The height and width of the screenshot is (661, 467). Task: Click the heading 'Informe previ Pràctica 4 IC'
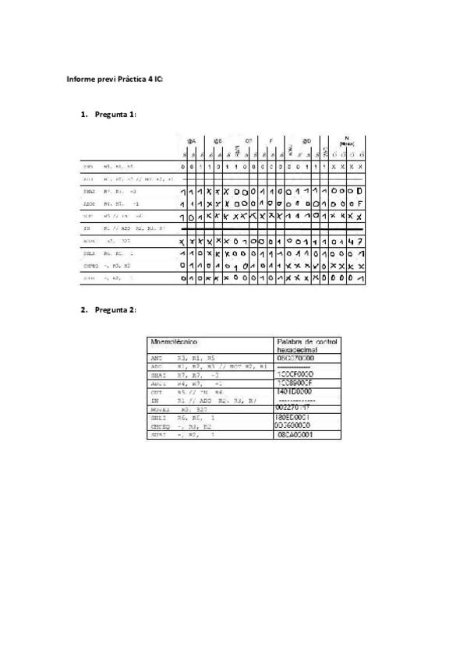115,80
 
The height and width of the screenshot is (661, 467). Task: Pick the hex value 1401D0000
295,391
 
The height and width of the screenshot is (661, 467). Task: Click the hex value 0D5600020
295,426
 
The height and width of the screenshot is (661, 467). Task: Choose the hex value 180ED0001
295,417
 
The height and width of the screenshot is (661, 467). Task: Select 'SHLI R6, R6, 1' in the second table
177,418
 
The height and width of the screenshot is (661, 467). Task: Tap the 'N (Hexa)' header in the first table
347,142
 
